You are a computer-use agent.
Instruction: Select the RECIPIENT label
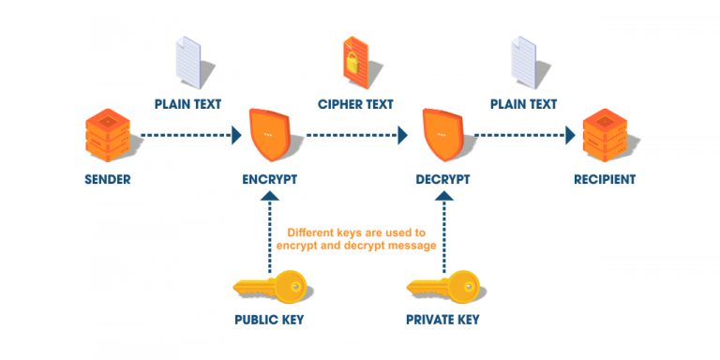point(605,179)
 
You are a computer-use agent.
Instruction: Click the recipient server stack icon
point(605,136)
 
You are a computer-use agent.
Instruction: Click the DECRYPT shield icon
point(442,135)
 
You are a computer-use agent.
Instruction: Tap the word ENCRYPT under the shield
point(269,179)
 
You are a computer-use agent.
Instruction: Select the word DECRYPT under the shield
point(442,179)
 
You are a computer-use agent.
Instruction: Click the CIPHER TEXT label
point(356,104)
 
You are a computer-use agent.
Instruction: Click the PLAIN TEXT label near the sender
point(187,104)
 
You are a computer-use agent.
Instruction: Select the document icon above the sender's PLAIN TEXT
point(189,60)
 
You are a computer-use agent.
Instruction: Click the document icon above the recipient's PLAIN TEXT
point(522,60)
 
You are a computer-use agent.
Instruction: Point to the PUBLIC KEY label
point(269,320)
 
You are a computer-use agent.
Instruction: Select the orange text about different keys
point(355,238)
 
